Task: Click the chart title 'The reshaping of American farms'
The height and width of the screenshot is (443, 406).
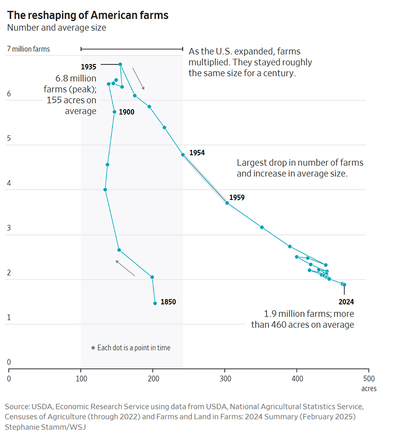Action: tap(88, 15)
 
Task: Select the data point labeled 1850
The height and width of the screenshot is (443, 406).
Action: tap(155, 303)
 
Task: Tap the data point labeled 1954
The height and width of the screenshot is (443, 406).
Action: tap(183, 154)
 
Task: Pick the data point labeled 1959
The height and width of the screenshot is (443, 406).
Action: tap(227, 203)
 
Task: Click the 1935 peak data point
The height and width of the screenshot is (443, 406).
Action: tap(120, 64)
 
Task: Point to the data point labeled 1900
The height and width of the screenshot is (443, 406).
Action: tap(115, 112)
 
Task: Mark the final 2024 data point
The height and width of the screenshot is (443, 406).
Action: tap(344, 285)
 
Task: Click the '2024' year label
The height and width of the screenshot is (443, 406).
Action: tap(346, 301)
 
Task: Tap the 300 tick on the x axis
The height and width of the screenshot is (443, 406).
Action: tap(225, 378)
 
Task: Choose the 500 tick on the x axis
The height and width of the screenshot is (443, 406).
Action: tap(369, 378)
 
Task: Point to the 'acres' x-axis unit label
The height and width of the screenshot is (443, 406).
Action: tap(368, 389)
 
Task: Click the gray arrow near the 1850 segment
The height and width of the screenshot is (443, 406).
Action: tap(125, 268)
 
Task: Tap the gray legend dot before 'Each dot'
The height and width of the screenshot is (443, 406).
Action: tap(93, 348)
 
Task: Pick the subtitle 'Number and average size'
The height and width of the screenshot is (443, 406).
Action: tap(56, 28)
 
